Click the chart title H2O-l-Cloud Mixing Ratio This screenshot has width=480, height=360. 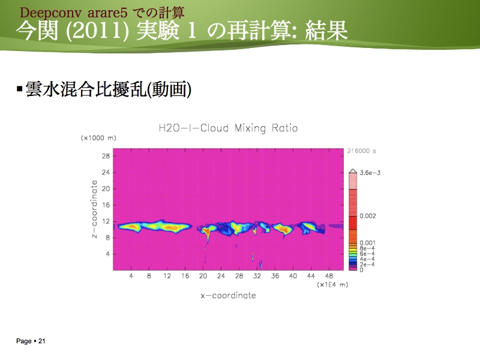(x=228, y=128)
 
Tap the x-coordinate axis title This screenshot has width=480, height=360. (x=229, y=295)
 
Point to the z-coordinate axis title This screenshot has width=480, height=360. (x=94, y=209)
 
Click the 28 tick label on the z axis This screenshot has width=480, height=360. (x=106, y=156)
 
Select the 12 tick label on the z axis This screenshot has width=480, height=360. (x=106, y=221)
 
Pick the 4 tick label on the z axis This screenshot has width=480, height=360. (x=107, y=254)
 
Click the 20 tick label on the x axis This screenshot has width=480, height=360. (x=203, y=276)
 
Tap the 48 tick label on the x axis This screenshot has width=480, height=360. (x=329, y=276)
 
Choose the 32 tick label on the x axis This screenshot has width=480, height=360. (x=257, y=276)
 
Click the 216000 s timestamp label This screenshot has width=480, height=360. (x=361, y=151)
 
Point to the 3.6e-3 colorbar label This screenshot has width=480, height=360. (x=370, y=173)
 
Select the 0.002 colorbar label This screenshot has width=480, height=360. (x=368, y=216)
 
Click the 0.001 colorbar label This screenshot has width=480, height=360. (x=367, y=243)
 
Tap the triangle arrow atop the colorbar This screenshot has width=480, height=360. (x=353, y=171)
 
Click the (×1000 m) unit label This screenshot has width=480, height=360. (x=98, y=138)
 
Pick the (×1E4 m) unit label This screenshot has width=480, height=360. (x=332, y=284)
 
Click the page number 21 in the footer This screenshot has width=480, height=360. (x=41, y=341)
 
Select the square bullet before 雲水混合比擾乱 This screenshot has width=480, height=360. (x=20, y=89)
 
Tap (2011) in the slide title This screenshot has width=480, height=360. (x=98, y=31)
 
